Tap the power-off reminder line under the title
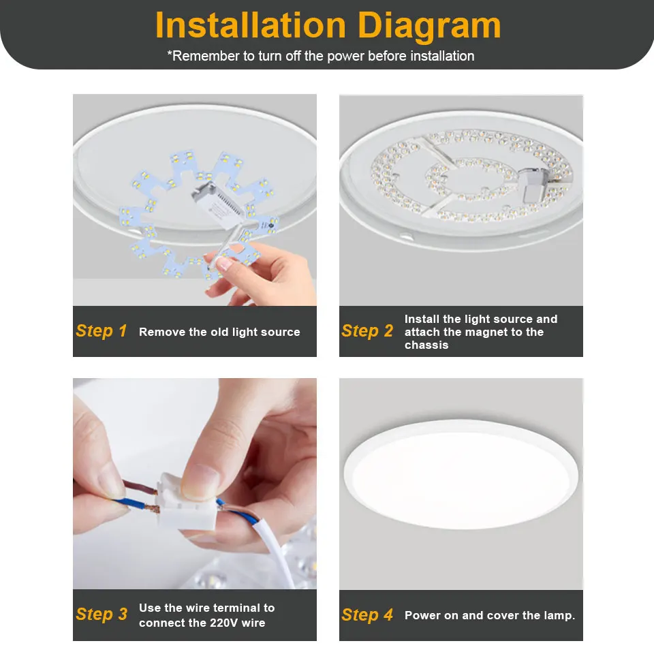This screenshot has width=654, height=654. pyautogui.click(x=320, y=56)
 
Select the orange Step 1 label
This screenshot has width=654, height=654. pyautogui.click(x=102, y=331)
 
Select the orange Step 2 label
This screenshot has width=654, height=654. pyautogui.click(x=367, y=331)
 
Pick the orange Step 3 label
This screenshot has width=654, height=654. pyautogui.click(x=102, y=614)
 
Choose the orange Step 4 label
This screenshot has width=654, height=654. pyautogui.click(x=367, y=615)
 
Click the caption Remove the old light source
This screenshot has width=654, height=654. pyautogui.click(x=219, y=332)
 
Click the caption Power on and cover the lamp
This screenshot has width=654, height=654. pyautogui.click(x=490, y=615)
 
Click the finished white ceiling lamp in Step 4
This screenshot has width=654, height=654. pyautogui.click(x=461, y=480)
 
